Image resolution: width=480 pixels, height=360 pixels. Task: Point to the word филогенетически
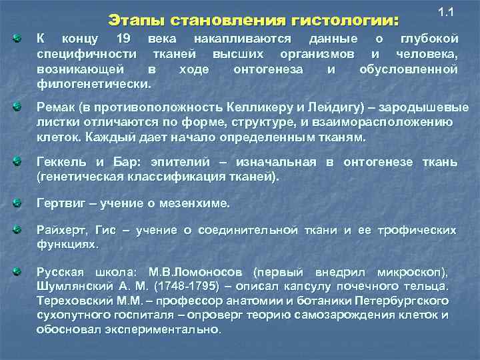(93, 84)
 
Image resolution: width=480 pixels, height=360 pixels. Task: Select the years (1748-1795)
(189, 287)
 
